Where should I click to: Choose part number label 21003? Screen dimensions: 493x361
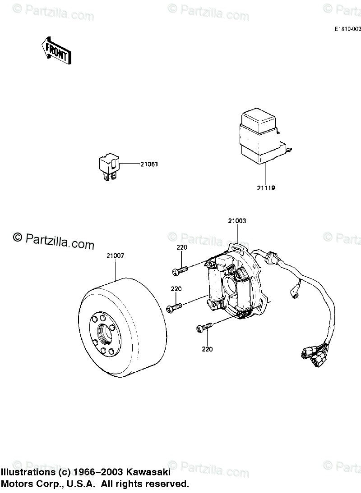point(237,221)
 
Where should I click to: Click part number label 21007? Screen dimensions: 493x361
point(116,256)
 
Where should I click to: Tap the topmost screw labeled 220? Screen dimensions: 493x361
point(180,270)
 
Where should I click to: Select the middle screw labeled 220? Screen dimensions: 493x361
point(174,307)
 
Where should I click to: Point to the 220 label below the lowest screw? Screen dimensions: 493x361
point(207,349)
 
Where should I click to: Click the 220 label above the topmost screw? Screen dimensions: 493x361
point(182,247)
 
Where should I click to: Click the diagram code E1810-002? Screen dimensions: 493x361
point(347,28)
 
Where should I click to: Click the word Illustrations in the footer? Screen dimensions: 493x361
point(29,472)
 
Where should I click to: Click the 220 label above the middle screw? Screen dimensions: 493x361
point(176,288)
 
